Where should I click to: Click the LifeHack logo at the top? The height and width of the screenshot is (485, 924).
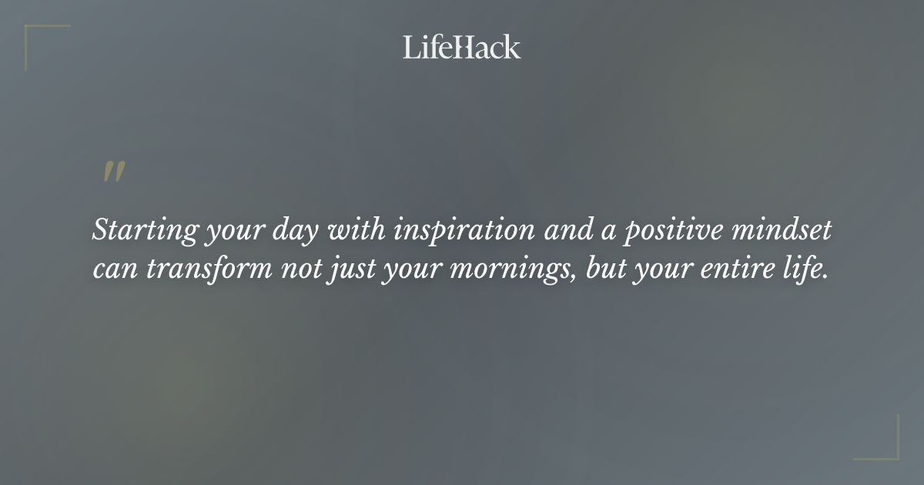pyautogui.click(x=461, y=48)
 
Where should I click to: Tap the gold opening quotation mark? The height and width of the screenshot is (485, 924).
pyautogui.click(x=114, y=172)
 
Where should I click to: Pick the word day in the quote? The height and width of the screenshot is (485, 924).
pyautogui.click(x=293, y=231)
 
